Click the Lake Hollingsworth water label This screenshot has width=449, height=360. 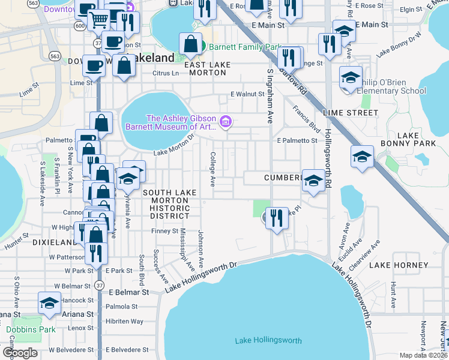[x=268, y=341]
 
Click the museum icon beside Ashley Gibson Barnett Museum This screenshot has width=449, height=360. [x=226, y=122]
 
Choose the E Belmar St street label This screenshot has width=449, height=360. [x=128, y=292]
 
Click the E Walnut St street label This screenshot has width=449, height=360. [x=248, y=94]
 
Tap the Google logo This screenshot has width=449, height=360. [x=20, y=353]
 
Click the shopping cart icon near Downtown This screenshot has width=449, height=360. [x=98, y=20]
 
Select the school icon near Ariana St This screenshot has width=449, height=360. [x=49, y=304]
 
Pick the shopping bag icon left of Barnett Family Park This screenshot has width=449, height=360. [x=191, y=43]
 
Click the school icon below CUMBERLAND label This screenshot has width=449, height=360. [x=313, y=182]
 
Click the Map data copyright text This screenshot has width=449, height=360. [x=424, y=356]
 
